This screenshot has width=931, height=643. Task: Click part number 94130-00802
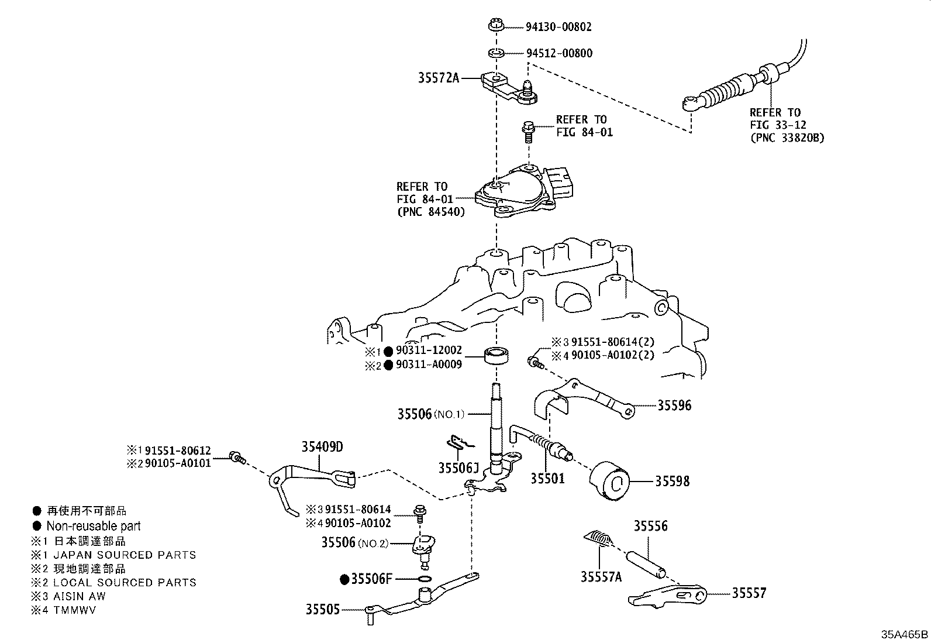(558, 27)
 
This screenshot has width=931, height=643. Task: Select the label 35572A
(438, 77)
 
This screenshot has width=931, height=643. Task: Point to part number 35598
(672, 482)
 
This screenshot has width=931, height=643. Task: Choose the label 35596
(674, 405)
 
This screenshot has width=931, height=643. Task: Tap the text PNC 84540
(431, 212)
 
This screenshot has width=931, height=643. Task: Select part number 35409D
(322, 447)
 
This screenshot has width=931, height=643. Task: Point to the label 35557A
(601, 577)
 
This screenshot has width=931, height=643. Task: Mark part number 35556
(650, 526)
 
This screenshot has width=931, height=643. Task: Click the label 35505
(322, 609)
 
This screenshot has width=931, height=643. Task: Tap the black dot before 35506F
(345, 579)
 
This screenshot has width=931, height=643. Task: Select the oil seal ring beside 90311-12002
(496, 355)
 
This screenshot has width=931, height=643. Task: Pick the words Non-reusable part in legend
(94, 526)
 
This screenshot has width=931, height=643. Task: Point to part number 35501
(547, 479)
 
